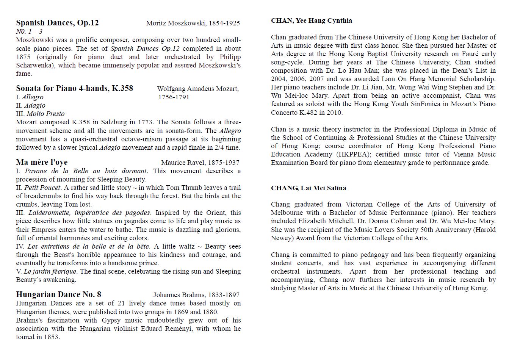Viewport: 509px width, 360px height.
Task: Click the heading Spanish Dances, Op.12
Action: coord(57,23)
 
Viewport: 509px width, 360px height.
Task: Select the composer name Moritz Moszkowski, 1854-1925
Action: coord(193,23)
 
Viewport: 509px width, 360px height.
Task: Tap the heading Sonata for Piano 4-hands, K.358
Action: coord(74,88)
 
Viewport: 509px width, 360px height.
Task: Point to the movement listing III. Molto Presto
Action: coord(40,114)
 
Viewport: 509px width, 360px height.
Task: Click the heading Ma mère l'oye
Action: coord(42,162)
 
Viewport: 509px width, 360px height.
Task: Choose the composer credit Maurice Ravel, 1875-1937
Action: coord(200,163)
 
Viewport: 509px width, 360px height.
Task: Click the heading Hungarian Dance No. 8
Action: coord(58,294)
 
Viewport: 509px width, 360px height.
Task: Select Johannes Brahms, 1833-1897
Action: coord(196,295)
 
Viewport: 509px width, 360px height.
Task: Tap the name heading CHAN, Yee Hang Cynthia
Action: coord(312,20)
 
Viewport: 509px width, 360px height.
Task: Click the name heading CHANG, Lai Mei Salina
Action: coord(309,188)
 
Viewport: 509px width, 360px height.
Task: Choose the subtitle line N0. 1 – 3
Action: coord(29,31)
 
